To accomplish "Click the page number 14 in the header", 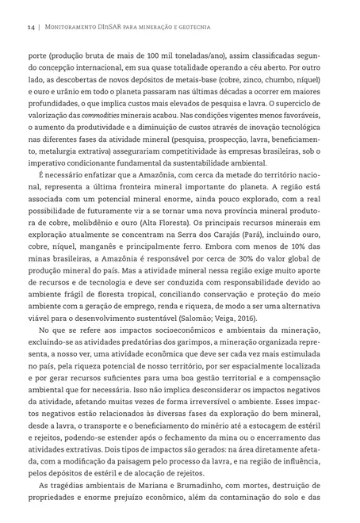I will point(30,26).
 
